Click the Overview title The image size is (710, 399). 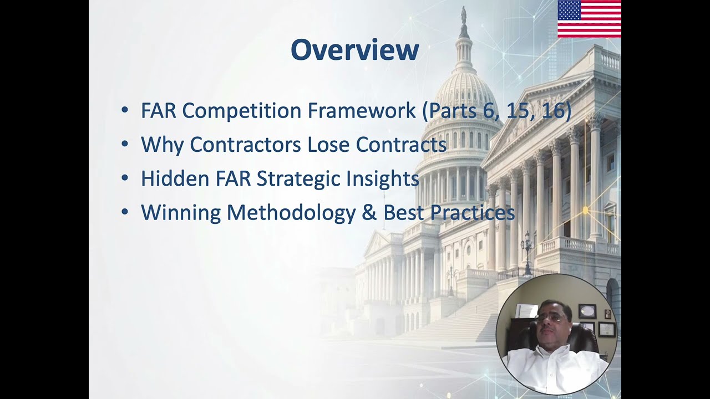tap(354, 50)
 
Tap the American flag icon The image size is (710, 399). tap(589, 19)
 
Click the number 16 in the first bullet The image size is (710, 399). tap(553, 111)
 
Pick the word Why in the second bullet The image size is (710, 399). tap(163, 145)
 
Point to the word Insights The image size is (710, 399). tap(382, 178)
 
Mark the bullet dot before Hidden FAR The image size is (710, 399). tap(125, 178)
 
